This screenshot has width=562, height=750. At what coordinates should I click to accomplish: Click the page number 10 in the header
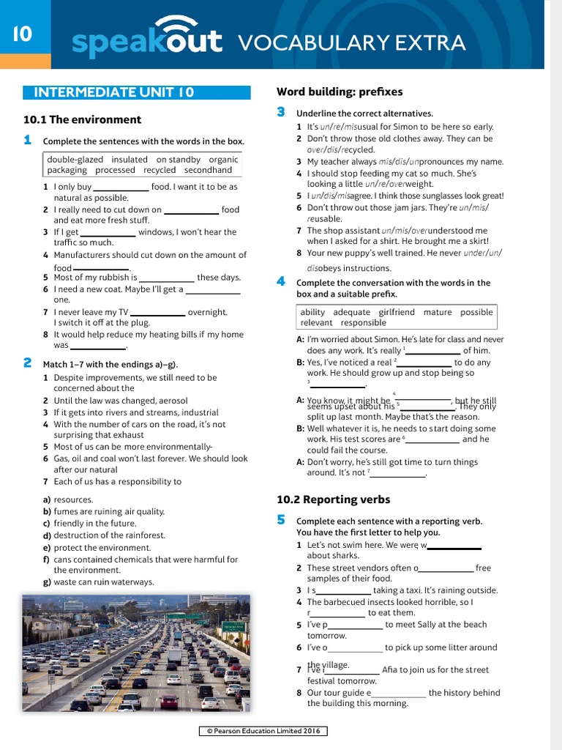point(21,34)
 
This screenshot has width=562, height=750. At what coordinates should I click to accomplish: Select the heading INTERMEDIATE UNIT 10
point(114,92)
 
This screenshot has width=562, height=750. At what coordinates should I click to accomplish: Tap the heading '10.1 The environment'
point(82,119)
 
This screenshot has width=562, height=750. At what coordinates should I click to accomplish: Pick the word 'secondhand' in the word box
point(208,170)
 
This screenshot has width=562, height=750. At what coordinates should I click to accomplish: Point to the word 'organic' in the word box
point(223,159)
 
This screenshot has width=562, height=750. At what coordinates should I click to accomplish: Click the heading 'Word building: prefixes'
point(340,92)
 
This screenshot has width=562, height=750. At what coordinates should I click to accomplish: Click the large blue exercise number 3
point(281,112)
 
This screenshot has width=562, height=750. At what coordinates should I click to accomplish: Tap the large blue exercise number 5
point(281,519)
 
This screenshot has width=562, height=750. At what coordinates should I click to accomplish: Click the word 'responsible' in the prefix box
point(364,322)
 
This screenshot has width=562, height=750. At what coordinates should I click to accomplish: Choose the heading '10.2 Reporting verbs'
point(333,500)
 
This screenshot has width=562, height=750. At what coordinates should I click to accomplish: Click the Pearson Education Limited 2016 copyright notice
point(263,731)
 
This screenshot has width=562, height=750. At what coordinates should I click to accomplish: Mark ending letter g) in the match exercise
point(47,582)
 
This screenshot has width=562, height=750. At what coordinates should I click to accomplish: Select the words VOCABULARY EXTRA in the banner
point(352,42)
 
